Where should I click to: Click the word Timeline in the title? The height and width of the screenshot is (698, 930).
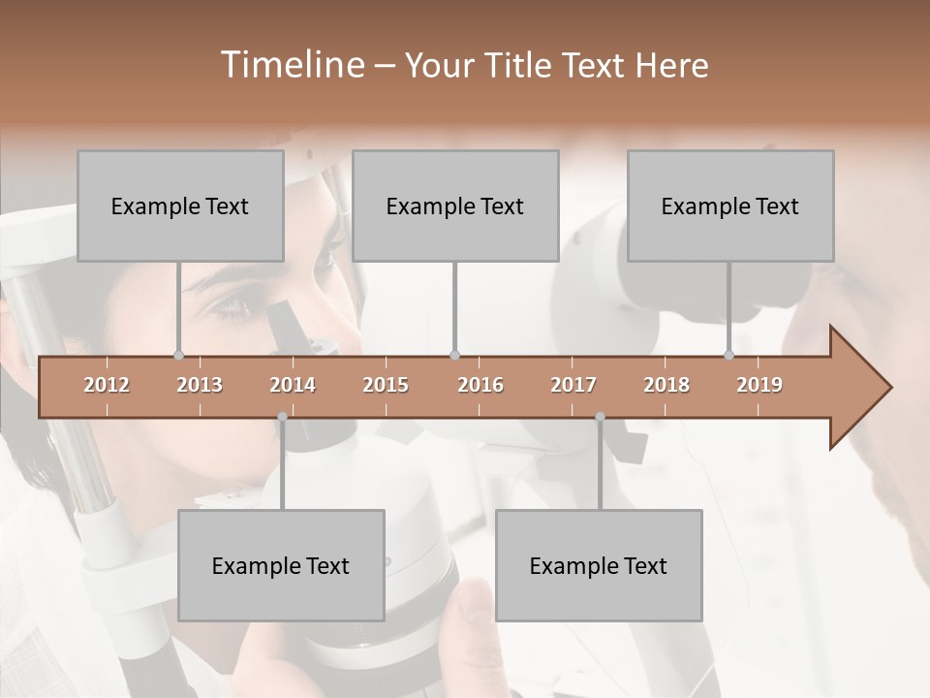click(291, 65)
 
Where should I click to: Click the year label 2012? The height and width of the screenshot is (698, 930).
click(107, 385)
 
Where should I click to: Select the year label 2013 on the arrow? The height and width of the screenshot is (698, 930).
click(200, 385)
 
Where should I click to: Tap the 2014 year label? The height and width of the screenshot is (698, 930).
click(293, 385)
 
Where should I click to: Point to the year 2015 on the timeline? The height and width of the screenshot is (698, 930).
click(386, 385)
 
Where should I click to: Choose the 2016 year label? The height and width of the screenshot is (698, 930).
click(480, 385)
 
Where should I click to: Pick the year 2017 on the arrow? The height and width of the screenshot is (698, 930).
click(573, 385)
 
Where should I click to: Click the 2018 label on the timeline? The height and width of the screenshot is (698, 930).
click(666, 385)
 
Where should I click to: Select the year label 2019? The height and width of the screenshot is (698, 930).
click(759, 385)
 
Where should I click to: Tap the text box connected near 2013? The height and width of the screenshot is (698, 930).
click(180, 206)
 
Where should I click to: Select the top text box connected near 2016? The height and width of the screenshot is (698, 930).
click(455, 206)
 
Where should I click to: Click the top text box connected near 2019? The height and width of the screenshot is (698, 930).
click(730, 206)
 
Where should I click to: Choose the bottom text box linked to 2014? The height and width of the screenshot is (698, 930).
click(281, 565)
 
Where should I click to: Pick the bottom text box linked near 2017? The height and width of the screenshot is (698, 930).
click(599, 565)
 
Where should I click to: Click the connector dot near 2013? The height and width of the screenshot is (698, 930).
click(178, 355)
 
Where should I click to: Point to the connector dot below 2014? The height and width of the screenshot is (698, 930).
click(282, 417)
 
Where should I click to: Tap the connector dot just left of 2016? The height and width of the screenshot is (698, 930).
click(454, 355)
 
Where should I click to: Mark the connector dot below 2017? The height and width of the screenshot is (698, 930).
click(600, 417)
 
